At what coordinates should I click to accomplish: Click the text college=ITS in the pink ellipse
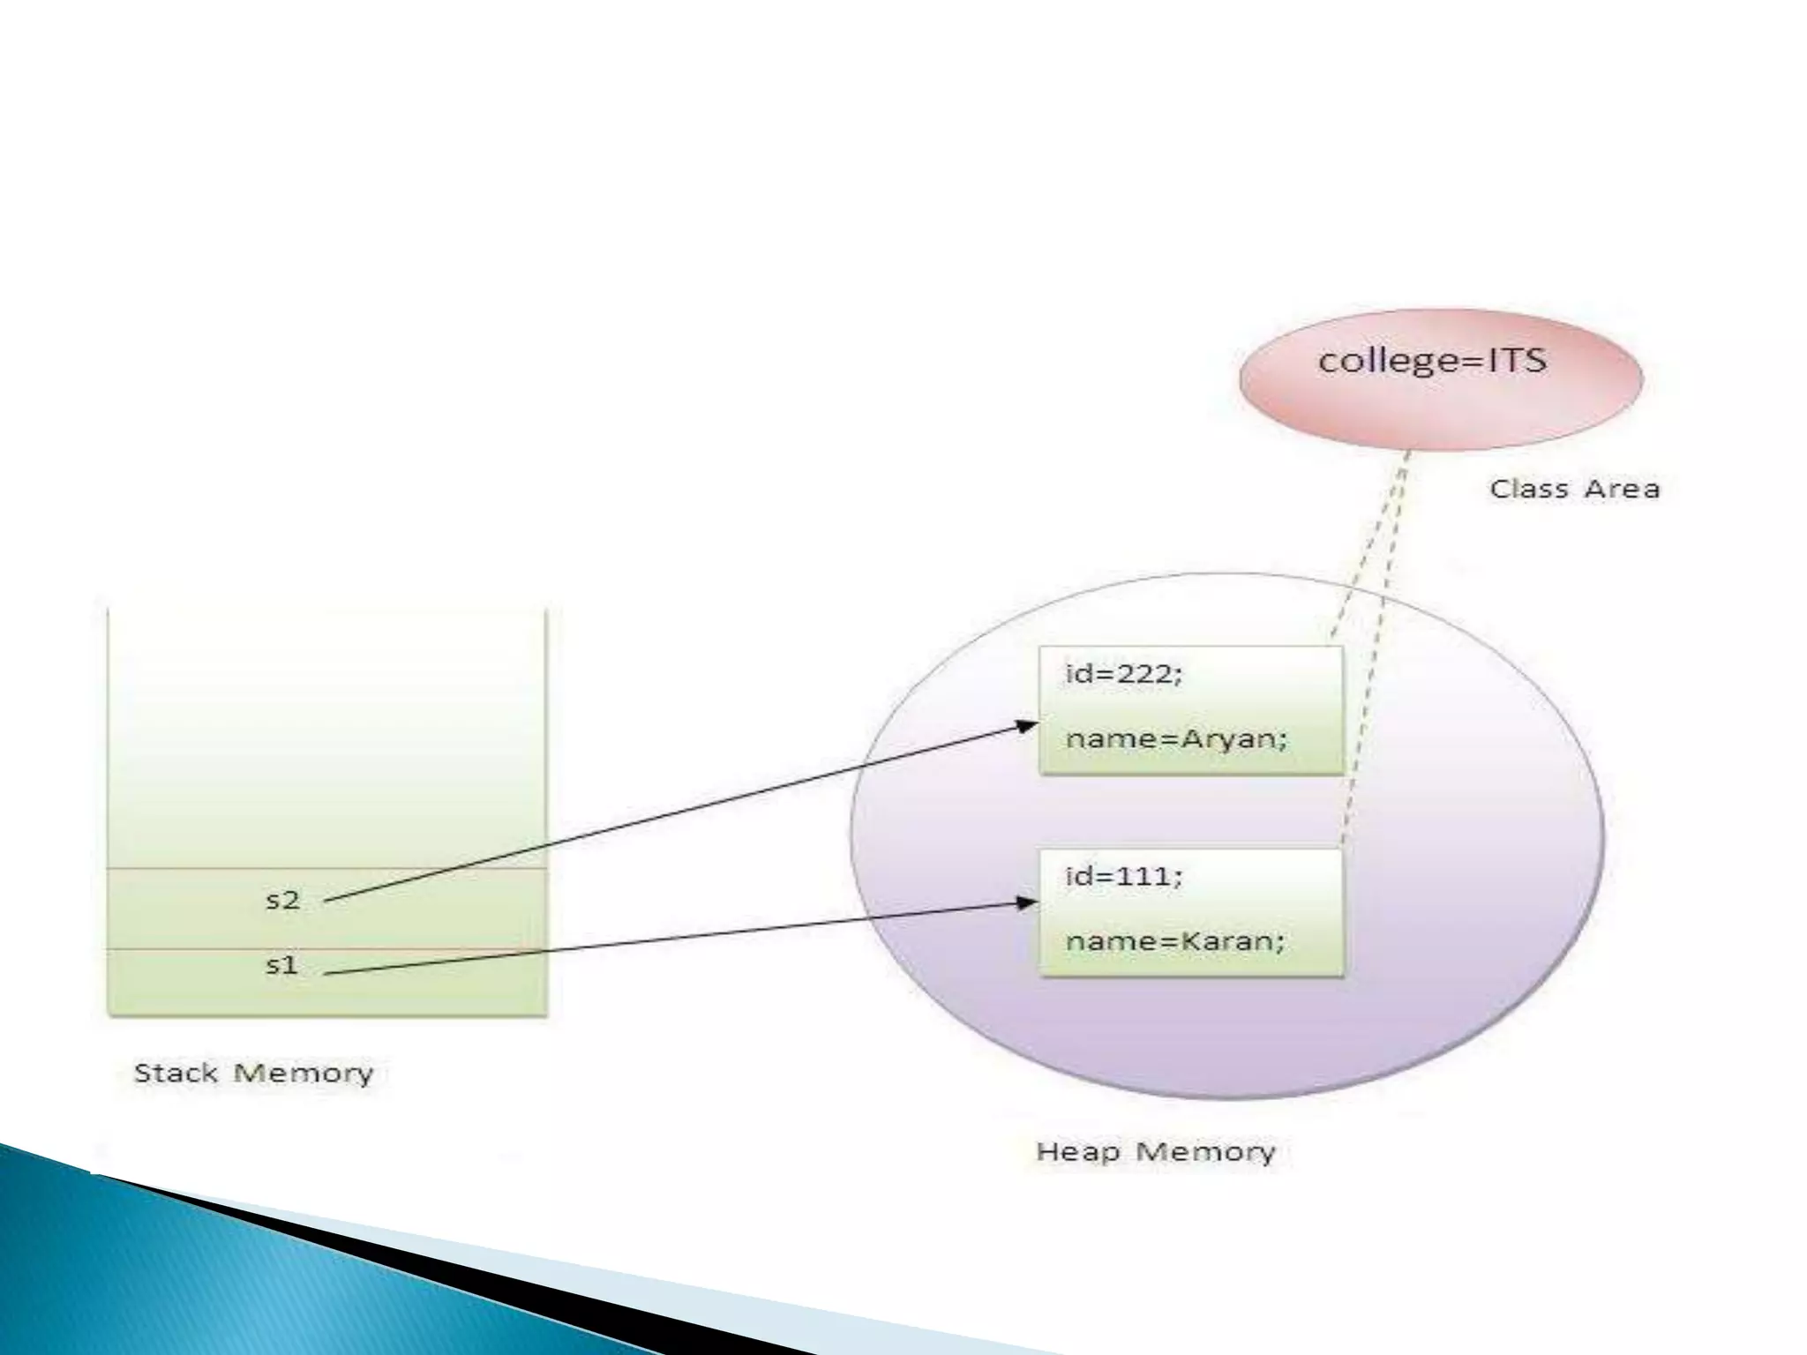pyautogui.click(x=1432, y=361)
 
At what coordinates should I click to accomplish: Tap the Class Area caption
pyautogui.click(x=1574, y=489)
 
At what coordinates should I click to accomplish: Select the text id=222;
pyautogui.click(x=1123, y=674)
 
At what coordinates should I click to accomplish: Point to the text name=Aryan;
pyautogui.click(x=1176, y=738)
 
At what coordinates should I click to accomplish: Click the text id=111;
pyautogui.click(x=1123, y=876)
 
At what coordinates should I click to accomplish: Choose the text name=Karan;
pyautogui.click(x=1174, y=941)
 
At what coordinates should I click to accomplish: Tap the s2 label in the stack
pyautogui.click(x=283, y=900)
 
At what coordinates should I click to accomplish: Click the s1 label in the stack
pyautogui.click(x=282, y=965)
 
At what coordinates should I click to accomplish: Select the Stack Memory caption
pyautogui.click(x=253, y=1073)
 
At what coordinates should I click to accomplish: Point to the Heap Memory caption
pyautogui.click(x=1155, y=1151)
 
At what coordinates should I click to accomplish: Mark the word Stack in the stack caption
pyautogui.click(x=175, y=1073)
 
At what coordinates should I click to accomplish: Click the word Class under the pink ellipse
pyautogui.click(x=1527, y=489)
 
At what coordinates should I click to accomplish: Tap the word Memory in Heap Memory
pyautogui.click(x=1204, y=1151)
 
